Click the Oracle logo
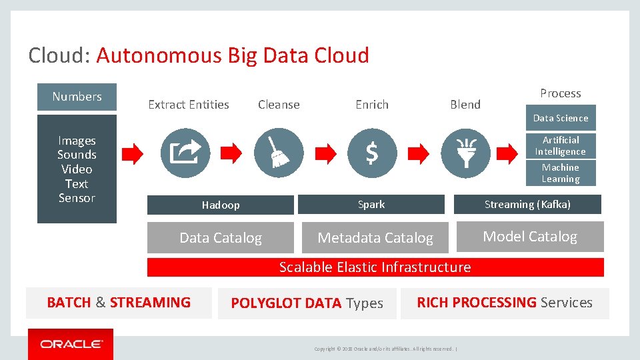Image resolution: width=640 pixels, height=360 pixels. (x=71, y=344)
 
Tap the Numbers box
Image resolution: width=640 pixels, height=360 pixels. (x=77, y=97)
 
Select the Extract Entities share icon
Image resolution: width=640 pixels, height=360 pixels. (x=185, y=153)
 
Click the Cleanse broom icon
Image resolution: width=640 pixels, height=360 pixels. (x=278, y=153)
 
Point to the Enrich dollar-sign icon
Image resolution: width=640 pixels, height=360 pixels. (x=371, y=153)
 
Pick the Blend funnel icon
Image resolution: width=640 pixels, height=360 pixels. (x=465, y=153)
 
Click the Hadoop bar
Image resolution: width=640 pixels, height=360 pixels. (x=220, y=205)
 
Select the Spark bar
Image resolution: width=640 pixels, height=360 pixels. (x=371, y=204)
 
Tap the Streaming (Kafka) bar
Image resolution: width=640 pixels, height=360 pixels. (x=527, y=204)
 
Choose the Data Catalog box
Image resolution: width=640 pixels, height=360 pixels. (x=220, y=237)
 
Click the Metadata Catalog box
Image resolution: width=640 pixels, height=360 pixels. (x=375, y=237)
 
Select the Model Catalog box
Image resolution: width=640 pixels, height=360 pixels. (x=529, y=237)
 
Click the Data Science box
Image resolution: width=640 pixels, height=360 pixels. (x=560, y=118)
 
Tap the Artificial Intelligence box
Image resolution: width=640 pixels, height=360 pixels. (x=560, y=145)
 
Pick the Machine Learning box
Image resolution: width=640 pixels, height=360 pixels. (x=560, y=173)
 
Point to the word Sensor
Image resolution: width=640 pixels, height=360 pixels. (x=77, y=198)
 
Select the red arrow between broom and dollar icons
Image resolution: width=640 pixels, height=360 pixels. (x=325, y=153)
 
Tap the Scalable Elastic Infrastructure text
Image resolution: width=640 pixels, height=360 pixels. (x=375, y=267)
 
